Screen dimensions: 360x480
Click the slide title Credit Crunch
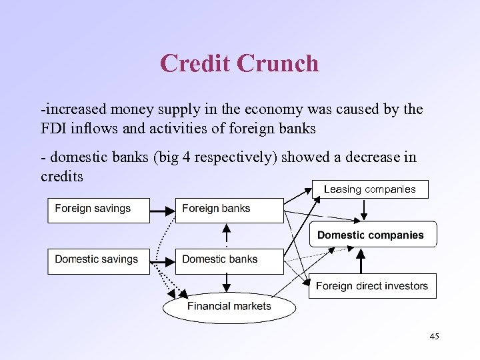click(239, 64)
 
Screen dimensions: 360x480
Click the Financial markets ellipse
click(229, 307)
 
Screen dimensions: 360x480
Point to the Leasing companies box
click(369, 189)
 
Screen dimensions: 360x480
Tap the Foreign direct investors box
click(372, 286)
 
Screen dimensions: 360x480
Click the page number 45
click(434, 337)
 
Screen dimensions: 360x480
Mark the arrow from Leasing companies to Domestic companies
click(363, 210)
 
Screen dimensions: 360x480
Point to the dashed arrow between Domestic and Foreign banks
click(227, 235)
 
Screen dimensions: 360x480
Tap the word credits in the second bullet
click(61, 176)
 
